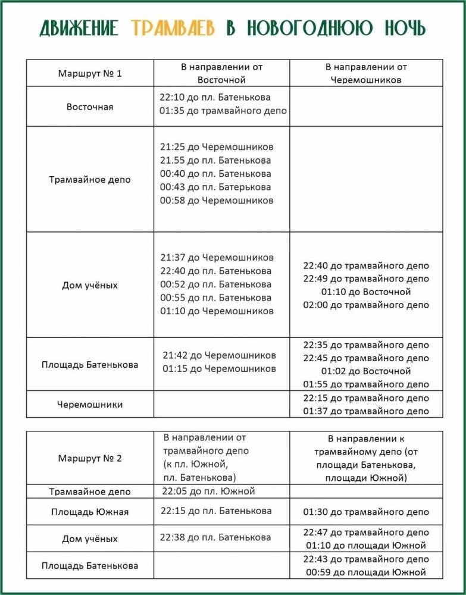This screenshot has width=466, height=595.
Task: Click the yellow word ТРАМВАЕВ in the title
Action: coord(173,28)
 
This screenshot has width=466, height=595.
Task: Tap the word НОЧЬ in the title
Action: coord(403,28)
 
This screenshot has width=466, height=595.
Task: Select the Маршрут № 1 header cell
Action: coord(90,74)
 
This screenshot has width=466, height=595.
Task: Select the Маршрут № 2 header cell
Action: coord(90,458)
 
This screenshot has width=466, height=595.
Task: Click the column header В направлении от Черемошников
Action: coord(366,73)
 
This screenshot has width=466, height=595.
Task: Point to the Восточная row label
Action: coord(90,107)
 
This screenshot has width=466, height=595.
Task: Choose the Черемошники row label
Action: coord(90,405)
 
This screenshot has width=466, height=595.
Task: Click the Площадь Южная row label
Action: coord(90,512)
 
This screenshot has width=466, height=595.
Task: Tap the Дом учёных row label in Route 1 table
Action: coord(90,285)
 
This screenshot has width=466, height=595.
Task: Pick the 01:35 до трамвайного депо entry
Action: coord(223,111)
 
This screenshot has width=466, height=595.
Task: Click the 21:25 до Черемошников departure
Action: coord(217,147)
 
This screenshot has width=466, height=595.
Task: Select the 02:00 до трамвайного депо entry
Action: coord(366,305)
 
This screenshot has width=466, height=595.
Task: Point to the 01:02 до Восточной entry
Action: coord(366,371)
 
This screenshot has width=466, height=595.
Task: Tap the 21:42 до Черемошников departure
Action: coord(219,355)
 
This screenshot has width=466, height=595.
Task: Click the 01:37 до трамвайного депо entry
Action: coord(366,411)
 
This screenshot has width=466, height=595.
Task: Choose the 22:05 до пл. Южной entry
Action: coord(208,491)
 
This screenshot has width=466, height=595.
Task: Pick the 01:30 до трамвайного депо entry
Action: coord(366,512)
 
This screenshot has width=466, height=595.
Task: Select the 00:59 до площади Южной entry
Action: coord(366,572)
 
